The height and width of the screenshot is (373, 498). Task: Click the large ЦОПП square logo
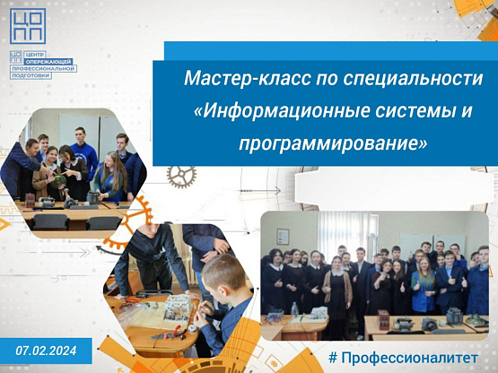pyautogui.click(x=28, y=26)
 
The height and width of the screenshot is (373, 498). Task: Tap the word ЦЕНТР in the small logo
pyautogui.click(x=35, y=55)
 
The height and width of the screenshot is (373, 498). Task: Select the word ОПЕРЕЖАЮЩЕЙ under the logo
pyautogui.click(x=48, y=62)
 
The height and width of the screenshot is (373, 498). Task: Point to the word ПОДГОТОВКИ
pyautogui.click(x=31, y=75)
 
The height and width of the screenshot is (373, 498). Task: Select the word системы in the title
pyautogui.click(x=413, y=112)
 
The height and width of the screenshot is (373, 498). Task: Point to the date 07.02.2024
pyautogui.click(x=46, y=351)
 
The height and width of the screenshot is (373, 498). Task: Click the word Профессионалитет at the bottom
pyautogui.click(x=409, y=358)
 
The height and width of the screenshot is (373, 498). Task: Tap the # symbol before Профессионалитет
pyautogui.click(x=333, y=358)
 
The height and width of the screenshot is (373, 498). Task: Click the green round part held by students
pyautogui.click(x=58, y=180)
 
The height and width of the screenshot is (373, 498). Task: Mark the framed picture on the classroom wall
pyautogui.click(x=283, y=237)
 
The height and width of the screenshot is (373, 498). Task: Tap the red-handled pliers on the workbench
pyautogui.click(x=177, y=331)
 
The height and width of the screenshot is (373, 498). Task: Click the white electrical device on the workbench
pyautogui.click(x=178, y=307)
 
